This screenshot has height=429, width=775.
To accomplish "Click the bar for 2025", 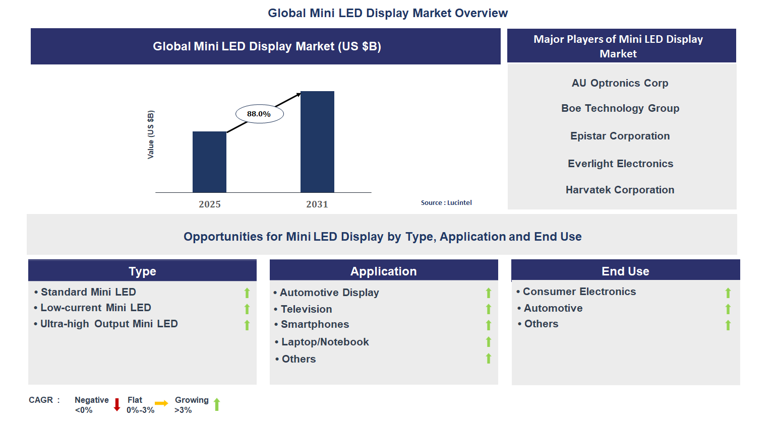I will pyautogui.click(x=209, y=162).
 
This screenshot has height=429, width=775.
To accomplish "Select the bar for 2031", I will pyautogui.click(x=317, y=141).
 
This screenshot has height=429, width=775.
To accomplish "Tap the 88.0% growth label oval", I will pyautogui.click(x=259, y=114).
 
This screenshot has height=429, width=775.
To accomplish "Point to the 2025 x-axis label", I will pyautogui.click(x=210, y=204).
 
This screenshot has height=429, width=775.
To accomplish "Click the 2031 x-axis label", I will pyautogui.click(x=317, y=204).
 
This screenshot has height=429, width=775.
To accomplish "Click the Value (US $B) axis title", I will pyautogui.click(x=151, y=134).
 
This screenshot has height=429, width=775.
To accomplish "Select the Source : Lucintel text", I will pyautogui.click(x=446, y=202).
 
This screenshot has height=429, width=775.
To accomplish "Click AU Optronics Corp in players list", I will pyautogui.click(x=620, y=83).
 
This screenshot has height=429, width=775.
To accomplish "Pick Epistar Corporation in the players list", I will pyautogui.click(x=620, y=136).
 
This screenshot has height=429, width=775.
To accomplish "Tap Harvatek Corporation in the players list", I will pyautogui.click(x=620, y=190).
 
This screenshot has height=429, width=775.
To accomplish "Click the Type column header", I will pyautogui.click(x=142, y=271).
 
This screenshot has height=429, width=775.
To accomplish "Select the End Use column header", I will pyautogui.click(x=625, y=271).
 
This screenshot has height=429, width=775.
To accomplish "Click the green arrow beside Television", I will pyautogui.click(x=488, y=309).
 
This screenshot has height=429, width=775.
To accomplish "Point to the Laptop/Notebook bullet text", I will pyautogui.click(x=325, y=342).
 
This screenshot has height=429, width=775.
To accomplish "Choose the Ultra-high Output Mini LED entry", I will pyautogui.click(x=109, y=324).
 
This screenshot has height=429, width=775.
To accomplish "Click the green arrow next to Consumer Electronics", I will pyautogui.click(x=728, y=293).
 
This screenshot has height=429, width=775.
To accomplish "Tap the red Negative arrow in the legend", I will pyautogui.click(x=117, y=404).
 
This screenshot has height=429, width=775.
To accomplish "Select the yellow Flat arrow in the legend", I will pyautogui.click(x=161, y=403).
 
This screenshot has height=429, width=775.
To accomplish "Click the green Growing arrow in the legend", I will pyautogui.click(x=217, y=404).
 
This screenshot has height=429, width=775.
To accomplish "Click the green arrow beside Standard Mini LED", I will pyautogui.click(x=247, y=293).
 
